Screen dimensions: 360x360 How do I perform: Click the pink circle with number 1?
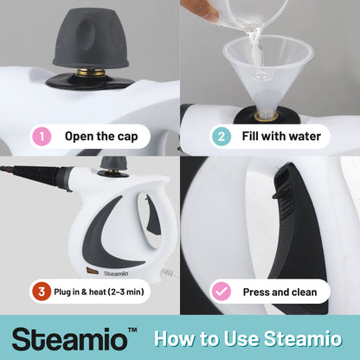tap(42, 137)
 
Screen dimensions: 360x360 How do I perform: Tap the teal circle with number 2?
tap(222, 137)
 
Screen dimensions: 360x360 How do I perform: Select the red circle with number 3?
tap(42, 292)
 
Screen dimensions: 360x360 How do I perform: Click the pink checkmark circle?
tap(222, 292)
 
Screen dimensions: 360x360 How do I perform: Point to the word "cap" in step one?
tap(126, 138)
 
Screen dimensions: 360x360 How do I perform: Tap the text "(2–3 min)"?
tap(125, 292)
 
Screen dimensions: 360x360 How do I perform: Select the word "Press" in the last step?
tap(256, 292)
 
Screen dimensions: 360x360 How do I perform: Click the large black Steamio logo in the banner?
tap(70, 339)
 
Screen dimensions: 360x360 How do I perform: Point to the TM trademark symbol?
tap(132, 330)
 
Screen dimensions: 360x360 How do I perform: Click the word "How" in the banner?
tap(173, 338)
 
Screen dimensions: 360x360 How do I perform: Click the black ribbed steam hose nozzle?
tap(35, 173)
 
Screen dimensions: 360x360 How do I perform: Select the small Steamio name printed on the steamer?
tap(116, 273)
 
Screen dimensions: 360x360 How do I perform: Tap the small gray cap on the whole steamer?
tap(113, 163)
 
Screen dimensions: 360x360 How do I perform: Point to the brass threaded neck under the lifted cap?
tap(91, 72)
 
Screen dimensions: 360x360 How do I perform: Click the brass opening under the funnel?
tap(267, 117)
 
